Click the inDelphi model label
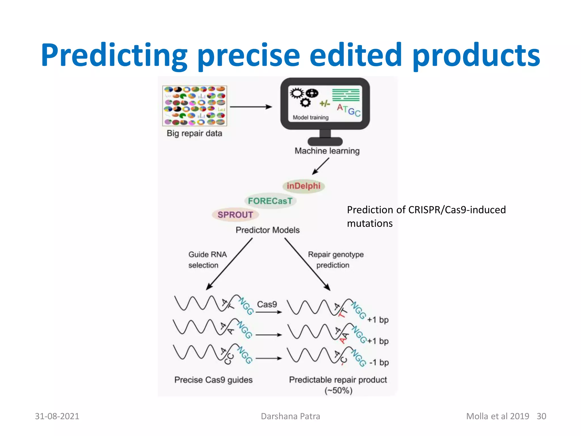[303, 186]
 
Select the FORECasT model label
[270, 201]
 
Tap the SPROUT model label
[235, 215]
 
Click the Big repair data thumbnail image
[195, 106]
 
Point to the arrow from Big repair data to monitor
[251, 107]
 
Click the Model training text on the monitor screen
[311, 118]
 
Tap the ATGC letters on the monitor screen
[349, 110]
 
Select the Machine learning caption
[327, 151]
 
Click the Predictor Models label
[268, 230]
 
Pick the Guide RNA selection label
[207, 259]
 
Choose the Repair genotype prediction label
[336, 259]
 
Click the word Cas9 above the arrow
[267, 304]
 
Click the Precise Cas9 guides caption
[213, 380]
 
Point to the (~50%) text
[338, 391]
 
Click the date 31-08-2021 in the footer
[57, 416]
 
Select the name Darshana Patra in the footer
[290, 416]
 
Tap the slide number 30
[541, 416]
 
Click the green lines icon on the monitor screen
[346, 95]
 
